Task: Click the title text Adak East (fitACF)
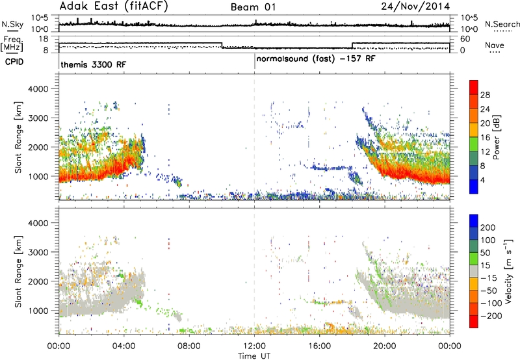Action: coord(113,6)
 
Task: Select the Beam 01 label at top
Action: coord(253,7)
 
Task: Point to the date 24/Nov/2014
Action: coord(415,6)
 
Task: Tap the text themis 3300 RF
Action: coord(94,64)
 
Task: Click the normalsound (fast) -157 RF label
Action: coord(316,59)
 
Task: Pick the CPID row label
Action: coord(14,62)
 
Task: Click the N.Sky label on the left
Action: coord(12,24)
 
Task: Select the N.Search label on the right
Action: coord(502,24)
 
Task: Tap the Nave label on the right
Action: coord(495,45)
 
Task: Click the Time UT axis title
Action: coord(254,356)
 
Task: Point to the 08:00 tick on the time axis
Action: coord(189,346)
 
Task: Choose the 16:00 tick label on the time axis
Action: coord(319,346)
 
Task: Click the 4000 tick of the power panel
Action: coord(38,89)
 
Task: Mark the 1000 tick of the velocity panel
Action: coord(38,311)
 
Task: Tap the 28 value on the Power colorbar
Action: coord(485,95)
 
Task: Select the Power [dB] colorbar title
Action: coord(497,137)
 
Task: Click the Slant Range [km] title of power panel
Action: coord(18,137)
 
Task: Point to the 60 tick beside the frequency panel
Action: coord(465,39)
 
